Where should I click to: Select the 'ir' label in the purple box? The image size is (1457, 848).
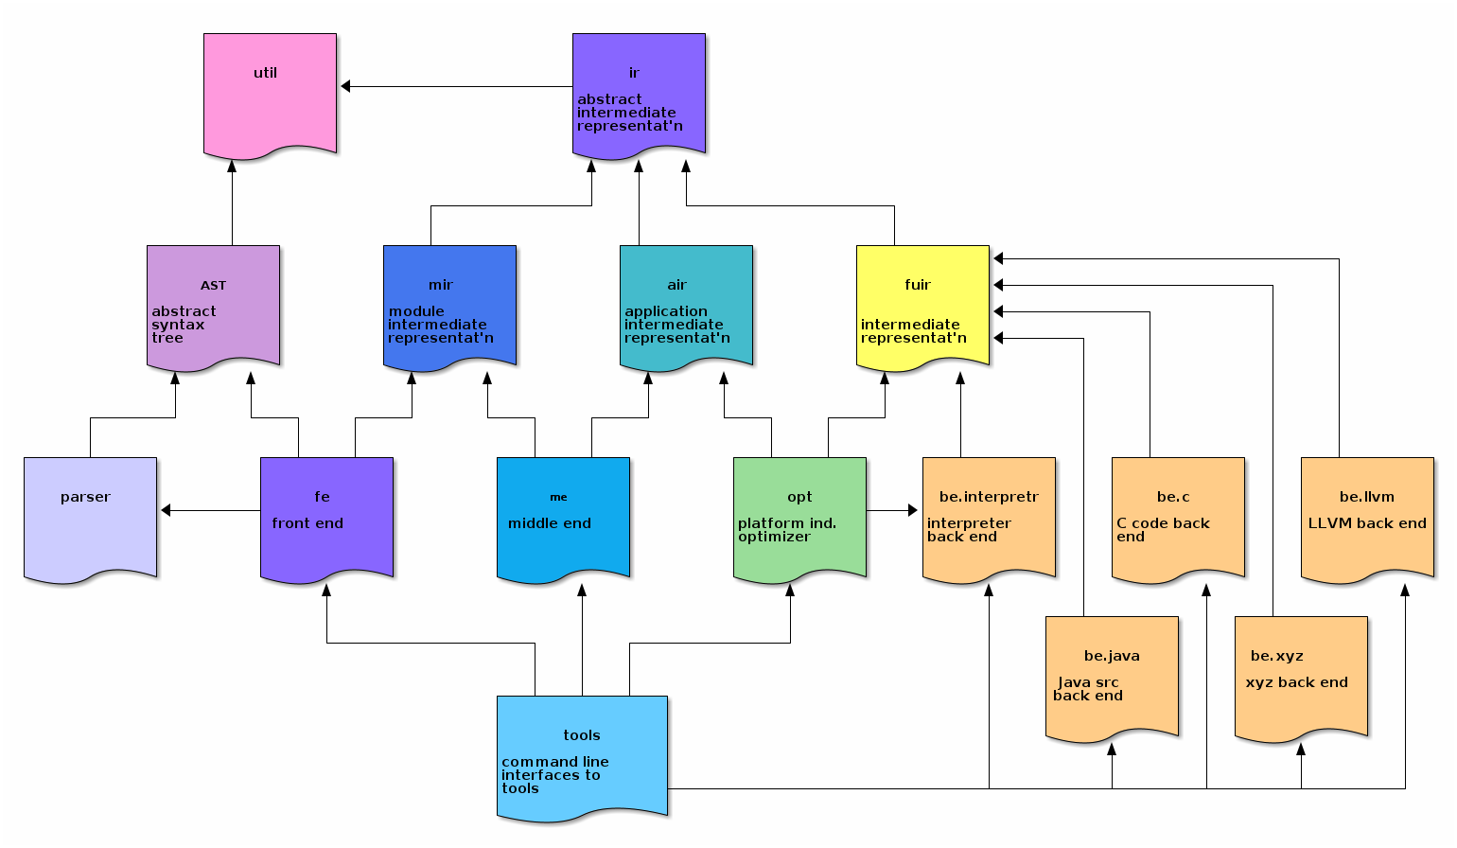pyautogui.click(x=634, y=73)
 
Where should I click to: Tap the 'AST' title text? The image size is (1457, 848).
pyautogui.click(x=213, y=286)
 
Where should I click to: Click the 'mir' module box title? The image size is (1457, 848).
pyautogui.click(x=441, y=285)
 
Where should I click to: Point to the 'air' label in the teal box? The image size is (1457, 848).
pyautogui.click(x=677, y=285)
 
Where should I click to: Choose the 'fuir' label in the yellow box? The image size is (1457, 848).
pyautogui.click(x=918, y=285)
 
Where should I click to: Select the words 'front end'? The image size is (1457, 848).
pyautogui.click(x=307, y=523)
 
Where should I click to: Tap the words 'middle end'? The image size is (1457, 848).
pyautogui.click(x=550, y=523)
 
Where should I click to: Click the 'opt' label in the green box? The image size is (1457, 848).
pyautogui.click(x=799, y=497)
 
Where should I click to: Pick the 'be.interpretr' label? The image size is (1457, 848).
pyautogui.click(x=989, y=497)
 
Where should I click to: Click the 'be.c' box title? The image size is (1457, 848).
pyautogui.click(x=1173, y=497)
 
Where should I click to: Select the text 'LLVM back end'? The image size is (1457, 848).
pyautogui.click(x=1367, y=523)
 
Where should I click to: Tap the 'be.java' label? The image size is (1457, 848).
pyautogui.click(x=1112, y=656)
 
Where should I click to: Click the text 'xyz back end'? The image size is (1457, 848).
pyautogui.click(x=1296, y=682)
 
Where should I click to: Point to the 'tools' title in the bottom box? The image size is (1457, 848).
pyautogui.click(x=582, y=735)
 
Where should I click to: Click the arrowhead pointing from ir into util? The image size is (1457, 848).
pyautogui.click(x=346, y=87)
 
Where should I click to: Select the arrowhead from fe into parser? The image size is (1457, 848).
pyautogui.click(x=167, y=511)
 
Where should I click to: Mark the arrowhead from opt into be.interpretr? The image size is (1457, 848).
pyautogui.click(x=912, y=511)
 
